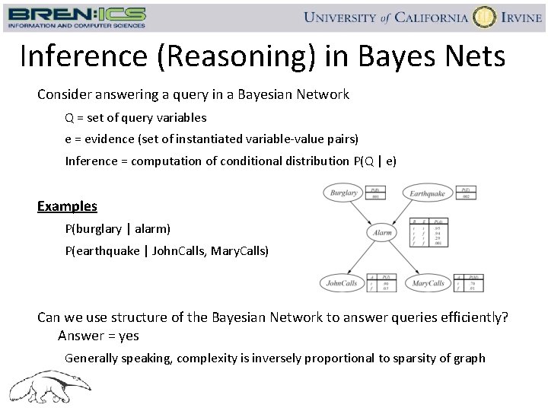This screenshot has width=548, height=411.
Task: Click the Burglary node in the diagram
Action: pyautogui.click(x=343, y=193)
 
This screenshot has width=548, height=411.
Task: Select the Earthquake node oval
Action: pyautogui.click(x=427, y=193)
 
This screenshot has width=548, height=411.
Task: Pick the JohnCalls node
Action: pyautogui.click(x=342, y=283)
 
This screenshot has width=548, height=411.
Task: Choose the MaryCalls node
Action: pyautogui.click(x=428, y=283)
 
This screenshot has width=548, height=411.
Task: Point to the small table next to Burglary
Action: pyautogui.click(x=374, y=193)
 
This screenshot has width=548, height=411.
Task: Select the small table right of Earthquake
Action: pyautogui.click(x=467, y=193)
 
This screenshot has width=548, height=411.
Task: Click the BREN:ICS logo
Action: pyautogui.click(x=76, y=17)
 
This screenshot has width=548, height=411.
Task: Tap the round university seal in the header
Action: pyautogui.click(x=484, y=17)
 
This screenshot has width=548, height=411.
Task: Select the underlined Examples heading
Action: pyautogui.click(x=67, y=206)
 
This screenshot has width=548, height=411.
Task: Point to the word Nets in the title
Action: pyautogui.click(x=473, y=56)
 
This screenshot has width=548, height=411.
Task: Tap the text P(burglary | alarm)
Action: pyautogui.click(x=117, y=228)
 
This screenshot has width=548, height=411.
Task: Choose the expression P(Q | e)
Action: pyautogui.click(x=375, y=161)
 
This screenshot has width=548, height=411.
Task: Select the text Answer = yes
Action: pyautogui.click(x=98, y=336)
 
